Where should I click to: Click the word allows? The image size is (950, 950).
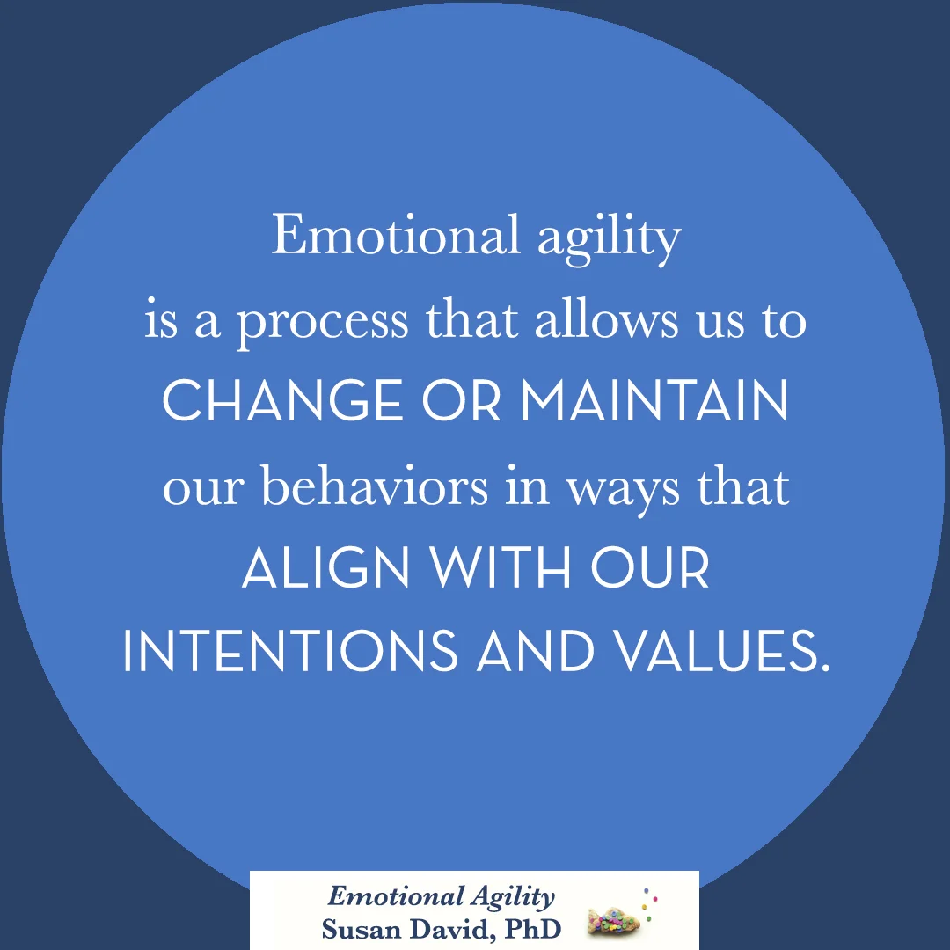pos(607,319)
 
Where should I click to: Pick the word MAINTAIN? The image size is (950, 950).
pos(654,402)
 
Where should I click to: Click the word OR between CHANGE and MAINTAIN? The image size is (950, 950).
pos(461,402)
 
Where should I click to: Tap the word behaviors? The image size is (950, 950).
pos(376,486)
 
